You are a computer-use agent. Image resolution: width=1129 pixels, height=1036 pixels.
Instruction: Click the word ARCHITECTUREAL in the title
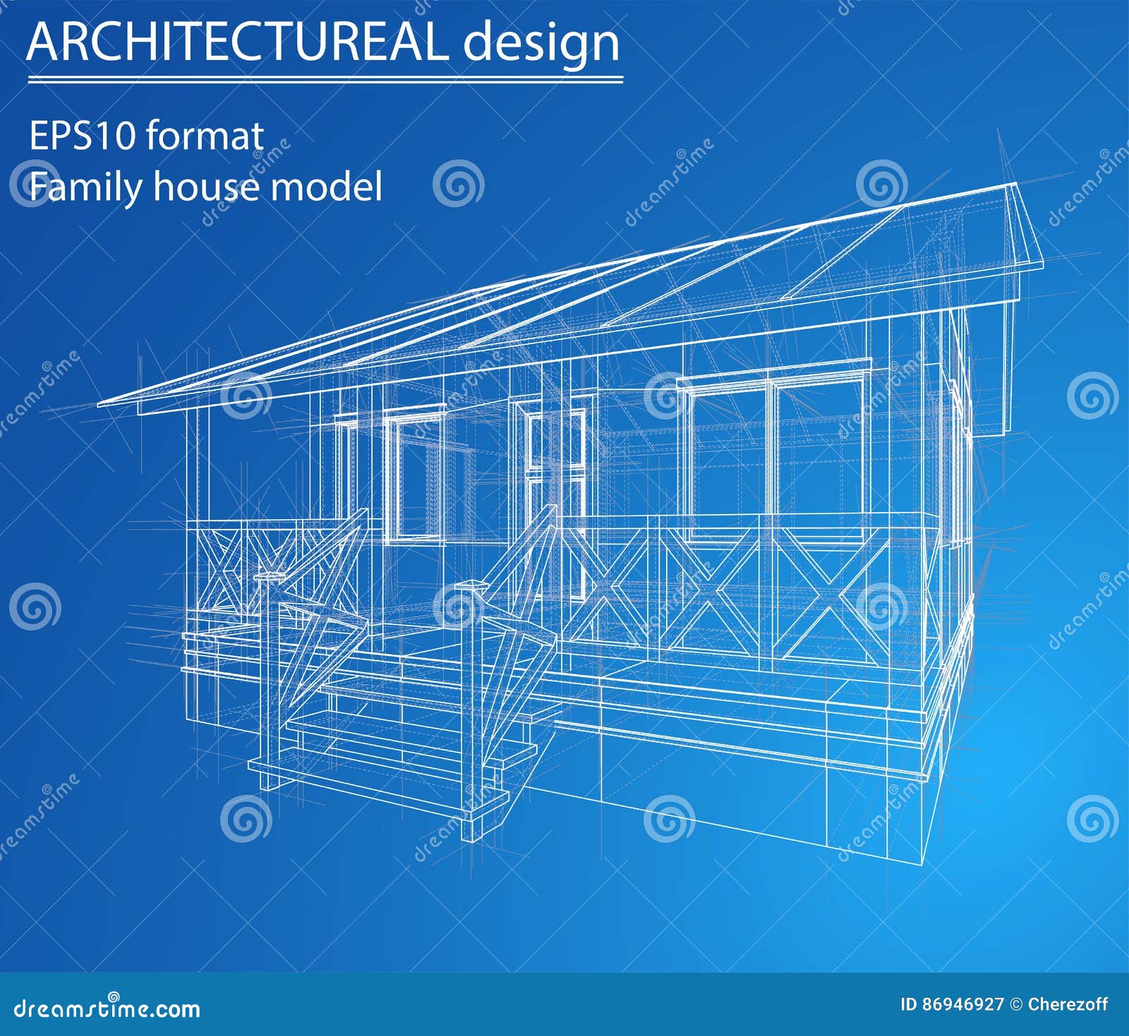236,42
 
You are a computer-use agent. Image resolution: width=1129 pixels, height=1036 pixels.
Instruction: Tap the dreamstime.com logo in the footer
107,1008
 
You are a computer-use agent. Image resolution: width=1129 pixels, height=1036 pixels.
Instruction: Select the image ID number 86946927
962,1004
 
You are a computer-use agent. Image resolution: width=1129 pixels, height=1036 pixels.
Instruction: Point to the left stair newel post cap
270,577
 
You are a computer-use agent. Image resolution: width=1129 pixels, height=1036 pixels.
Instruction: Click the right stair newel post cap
469,585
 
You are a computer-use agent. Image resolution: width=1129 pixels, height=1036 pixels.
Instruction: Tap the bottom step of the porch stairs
381,779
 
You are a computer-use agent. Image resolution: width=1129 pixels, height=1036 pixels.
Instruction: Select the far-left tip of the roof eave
100,404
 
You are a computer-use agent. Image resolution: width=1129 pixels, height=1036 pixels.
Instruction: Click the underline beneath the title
325,80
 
